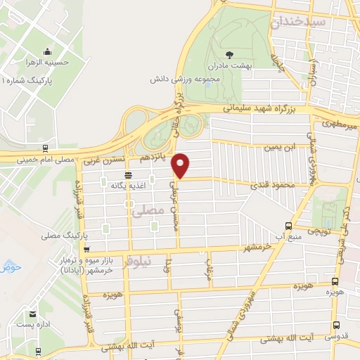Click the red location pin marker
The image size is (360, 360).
tap(181, 165)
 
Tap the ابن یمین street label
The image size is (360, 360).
tap(278, 148)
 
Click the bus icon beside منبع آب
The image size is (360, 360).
tap(288, 226)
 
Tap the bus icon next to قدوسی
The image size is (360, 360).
tap(335, 326)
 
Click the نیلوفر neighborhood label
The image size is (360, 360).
tap(137, 263)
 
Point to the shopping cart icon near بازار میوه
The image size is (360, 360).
tap(86, 249)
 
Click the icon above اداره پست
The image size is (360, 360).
tap(31, 315)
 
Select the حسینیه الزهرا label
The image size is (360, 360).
tap(49, 63)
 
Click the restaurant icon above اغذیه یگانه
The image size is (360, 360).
tap(127, 175)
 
